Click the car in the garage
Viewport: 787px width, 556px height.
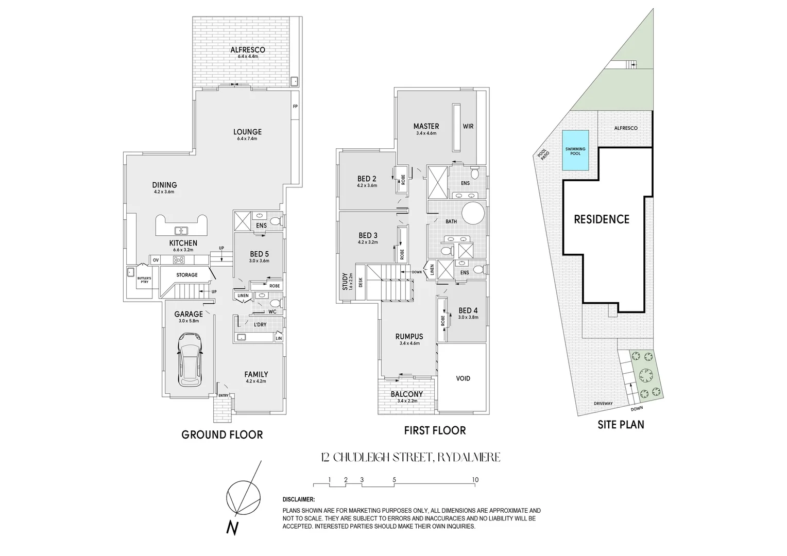coord(189,359)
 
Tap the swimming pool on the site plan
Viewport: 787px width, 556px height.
coord(575,152)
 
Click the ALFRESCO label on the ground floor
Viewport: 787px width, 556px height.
coord(247,50)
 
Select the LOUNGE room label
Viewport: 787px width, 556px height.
coord(247,132)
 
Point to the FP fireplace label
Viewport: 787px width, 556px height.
coord(295,107)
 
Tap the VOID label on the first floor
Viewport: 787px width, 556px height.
coord(463,378)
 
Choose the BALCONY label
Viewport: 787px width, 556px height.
coord(406,394)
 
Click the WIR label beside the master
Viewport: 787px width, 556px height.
coord(468,126)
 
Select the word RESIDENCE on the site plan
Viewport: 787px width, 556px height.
coord(602,219)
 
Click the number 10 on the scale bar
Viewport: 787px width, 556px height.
coord(475,480)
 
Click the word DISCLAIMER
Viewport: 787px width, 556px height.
coord(299,499)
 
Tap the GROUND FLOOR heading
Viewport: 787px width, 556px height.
coord(222,435)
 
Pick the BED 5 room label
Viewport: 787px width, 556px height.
coord(259,254)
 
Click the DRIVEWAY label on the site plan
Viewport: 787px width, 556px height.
coord(603,403)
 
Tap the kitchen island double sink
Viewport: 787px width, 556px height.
coord(181,231)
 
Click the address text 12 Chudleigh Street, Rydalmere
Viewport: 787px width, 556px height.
coord(410,457)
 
